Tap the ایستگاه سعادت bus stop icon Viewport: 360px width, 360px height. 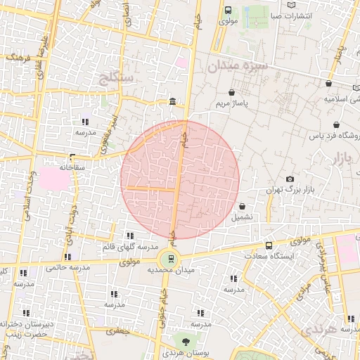click(x=269, y=245)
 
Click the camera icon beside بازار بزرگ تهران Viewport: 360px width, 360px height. click(x=290, y=179)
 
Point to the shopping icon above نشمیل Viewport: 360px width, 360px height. click(x=243, y=207)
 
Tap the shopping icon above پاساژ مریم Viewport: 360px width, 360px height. click(x=232, y=92)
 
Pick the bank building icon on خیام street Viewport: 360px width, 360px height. click(x=172, y=103)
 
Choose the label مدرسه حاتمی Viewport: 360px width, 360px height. click(x=68, y=268)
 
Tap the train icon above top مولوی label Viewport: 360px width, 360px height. click(x=228, y=10)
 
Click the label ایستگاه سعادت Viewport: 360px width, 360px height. click(x=269, y=256)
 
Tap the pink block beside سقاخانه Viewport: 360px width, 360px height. click(x=55, y=178)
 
